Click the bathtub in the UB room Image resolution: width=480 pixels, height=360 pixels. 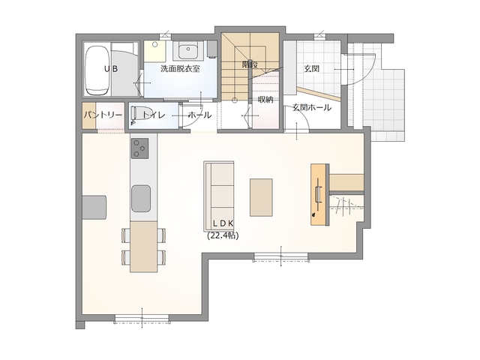[x=97, y=70]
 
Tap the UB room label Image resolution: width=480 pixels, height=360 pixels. [x=111, y=69]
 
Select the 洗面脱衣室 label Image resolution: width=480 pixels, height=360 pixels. [x=180, y=68]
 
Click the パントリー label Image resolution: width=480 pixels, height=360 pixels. [x=103, y=115]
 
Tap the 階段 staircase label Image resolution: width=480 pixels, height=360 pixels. [x=250, y=64]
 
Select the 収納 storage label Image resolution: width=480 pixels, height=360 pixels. [x=265, y=99]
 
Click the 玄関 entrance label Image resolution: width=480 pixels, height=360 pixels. [x=312, y=68]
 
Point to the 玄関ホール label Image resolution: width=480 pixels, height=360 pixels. [x=312, y=108]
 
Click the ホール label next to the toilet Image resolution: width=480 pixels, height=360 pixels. [x=199, y=115]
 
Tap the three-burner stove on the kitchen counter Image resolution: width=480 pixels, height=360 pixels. [x=140, y=148]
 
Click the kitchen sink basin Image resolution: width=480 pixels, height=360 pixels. [x=141, y=199]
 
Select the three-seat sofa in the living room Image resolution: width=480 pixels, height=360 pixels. [x=219, y=196]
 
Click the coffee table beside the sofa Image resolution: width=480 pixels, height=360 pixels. [x=261, y=198]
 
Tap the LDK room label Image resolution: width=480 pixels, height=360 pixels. [x=223, y=223]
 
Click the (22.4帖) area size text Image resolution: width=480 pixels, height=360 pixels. [x=223, y=235]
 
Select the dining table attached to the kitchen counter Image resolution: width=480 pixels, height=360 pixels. [x=143, y=247]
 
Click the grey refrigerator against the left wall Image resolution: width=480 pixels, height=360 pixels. [x=94, y=207]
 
